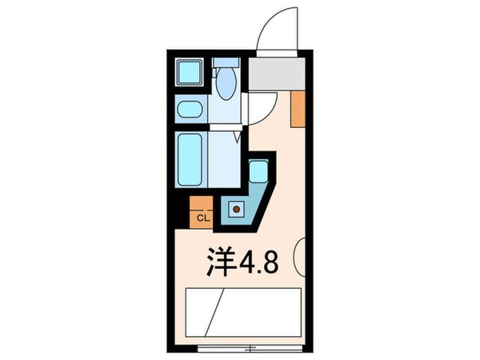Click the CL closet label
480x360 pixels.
pyautogui.click(x=202, y=217)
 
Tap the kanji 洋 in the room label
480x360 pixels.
pyautogui.click(x=220, y=263)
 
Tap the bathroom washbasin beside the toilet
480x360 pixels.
pyautogui.click(x=191, y=110)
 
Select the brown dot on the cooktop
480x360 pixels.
pyautogui.click(x=236, y=209)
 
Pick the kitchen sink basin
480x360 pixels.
pyautogui.click(x=258, y=171)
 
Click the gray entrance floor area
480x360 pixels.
pyautogui.click(x=275, y=74)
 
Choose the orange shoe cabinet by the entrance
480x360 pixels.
pyautogui.click(x=298, y=110)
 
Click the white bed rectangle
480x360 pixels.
pyautogui.click(x=243, y=312)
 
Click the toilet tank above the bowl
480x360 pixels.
pyautogui.click(x=226, y=62)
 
